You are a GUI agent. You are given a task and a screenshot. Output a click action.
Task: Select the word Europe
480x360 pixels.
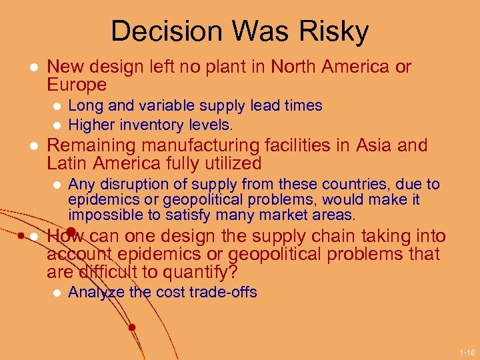[77, 85]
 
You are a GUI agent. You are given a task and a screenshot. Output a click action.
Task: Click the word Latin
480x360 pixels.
[67, 163]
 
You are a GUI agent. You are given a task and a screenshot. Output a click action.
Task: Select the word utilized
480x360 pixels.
[227, 163]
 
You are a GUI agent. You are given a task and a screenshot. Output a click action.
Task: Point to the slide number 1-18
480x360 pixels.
[466, 351]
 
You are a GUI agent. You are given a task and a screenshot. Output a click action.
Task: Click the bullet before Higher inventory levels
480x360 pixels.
[57, 125]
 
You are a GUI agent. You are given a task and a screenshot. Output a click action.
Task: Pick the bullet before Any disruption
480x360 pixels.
[57, 185]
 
